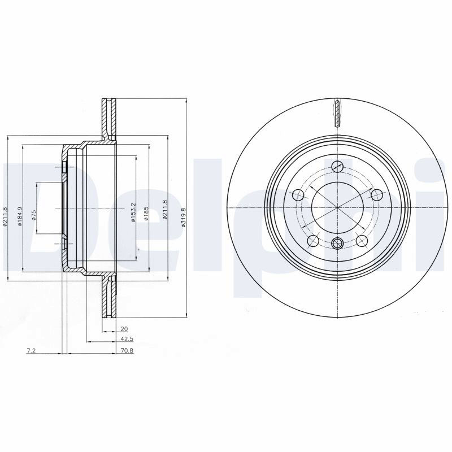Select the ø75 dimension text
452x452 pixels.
[34, 215]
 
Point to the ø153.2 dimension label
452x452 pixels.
[133, 212]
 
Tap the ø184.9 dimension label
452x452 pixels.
[20, 216]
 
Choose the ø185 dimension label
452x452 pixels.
[146, 214]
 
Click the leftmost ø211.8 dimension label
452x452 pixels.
[5, 216]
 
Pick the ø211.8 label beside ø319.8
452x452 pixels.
[164, 210]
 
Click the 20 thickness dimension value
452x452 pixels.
[124, 329]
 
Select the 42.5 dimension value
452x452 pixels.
[127, 340]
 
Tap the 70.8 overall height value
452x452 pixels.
[127, 351]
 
